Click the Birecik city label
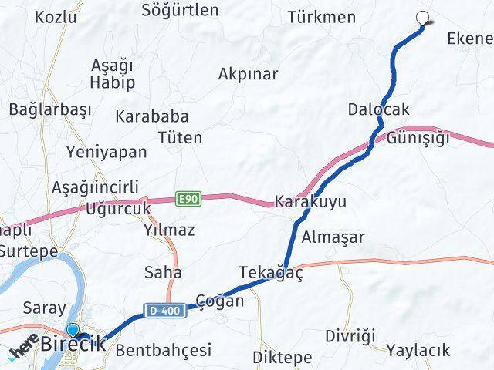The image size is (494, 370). click(x=74, y=345)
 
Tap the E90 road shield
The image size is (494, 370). click(x=188, y=199)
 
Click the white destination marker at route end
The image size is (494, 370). click(x=422, y=19)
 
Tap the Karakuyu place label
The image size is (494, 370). click(x=309, y=202)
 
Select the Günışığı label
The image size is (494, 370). click(x=418, y=139)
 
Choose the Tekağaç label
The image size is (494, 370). click(x=271, y=274)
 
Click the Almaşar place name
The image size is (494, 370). click(x=333, y=237)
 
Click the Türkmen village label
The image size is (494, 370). click(x=321, y=17)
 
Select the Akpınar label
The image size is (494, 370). click(x=248, y=75)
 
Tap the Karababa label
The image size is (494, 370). click(x=152, y=117)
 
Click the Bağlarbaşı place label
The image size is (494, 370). click(x=50, y=109)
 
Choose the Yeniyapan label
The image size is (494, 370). click(x=107, y=152)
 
